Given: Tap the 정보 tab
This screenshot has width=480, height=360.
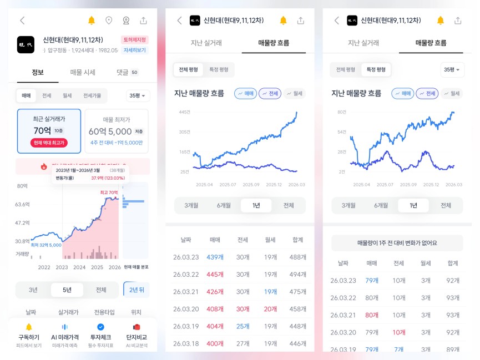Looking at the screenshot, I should click(x=38, y=72).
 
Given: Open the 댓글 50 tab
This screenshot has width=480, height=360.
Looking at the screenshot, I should click(x=127, y=72).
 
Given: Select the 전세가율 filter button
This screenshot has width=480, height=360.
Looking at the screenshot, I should click(x=92, y=95).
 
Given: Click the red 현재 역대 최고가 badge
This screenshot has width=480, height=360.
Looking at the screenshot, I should click(x=49, y=143).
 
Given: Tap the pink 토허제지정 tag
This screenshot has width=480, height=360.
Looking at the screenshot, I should click(x=135, y=40).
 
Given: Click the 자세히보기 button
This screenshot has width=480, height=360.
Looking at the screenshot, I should click(x=135, y=50).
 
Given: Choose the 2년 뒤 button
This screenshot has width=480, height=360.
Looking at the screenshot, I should click(x=136, y=290).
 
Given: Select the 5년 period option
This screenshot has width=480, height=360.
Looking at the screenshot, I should click(x=67, y=290).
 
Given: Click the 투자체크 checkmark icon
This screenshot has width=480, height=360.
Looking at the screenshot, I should click(x=100, y=327).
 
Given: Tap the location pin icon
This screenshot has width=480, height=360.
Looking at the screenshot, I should click(x=109, y=21).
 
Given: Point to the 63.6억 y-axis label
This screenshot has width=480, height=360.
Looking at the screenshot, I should click(x=23, y=204).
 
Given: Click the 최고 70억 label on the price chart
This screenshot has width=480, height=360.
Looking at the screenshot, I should click(x=109, y=192).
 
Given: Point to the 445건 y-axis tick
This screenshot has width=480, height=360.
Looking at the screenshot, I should click(x=184, y=112).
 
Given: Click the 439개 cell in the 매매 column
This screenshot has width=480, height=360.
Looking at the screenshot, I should click(x=215, y=257).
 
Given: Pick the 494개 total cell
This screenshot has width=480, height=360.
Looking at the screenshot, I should click(x=297, y=275).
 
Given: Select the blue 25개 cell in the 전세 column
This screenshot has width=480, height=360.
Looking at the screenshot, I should click(x=242, y=326).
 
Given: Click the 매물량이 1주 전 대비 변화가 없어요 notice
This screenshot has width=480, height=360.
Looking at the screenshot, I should click(x=397, y=242).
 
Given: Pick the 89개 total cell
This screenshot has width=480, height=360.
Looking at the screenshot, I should click(x=453, y=349).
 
